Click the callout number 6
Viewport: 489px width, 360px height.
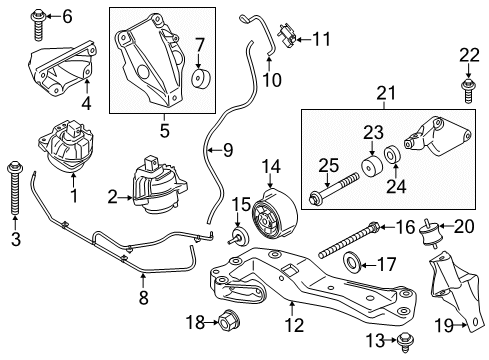67,15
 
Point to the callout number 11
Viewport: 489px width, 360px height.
320,40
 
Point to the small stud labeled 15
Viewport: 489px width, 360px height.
238,237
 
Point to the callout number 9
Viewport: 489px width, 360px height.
227,150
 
